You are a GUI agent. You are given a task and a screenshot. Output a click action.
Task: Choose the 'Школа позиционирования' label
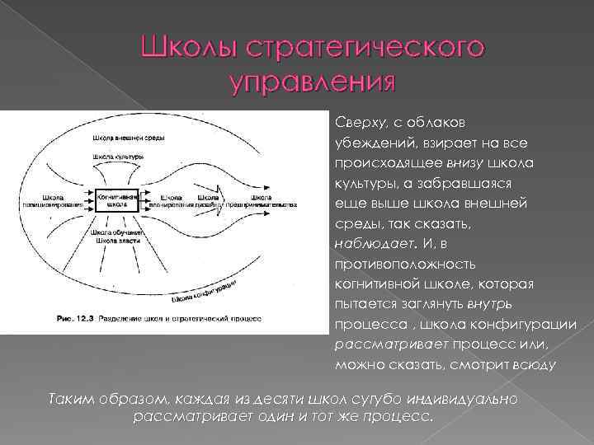61,201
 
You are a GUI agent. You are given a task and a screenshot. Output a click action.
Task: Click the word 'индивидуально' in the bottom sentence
468,399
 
